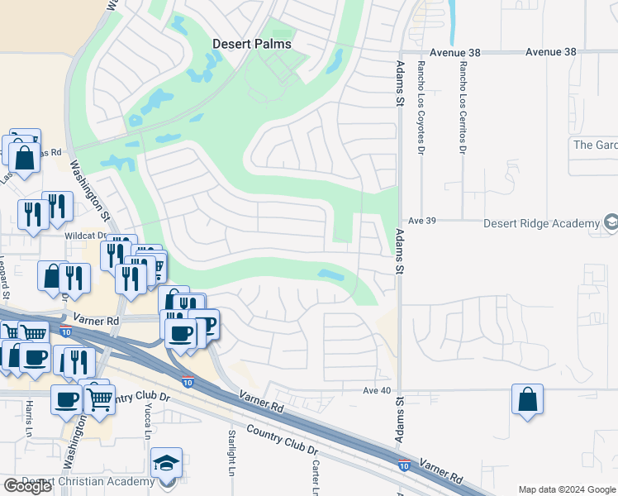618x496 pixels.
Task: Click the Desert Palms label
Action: pyautogui.click(x=252, y=44)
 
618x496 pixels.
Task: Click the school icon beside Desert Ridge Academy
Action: pyautogui.click(x=610, y=222)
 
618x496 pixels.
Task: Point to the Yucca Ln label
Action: pyautogui.click(x=150, y=423)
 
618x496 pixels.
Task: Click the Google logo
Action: pyautogui.click(x=28, y=486)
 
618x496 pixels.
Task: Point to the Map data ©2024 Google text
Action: pyautogui.click(x=567, y=489)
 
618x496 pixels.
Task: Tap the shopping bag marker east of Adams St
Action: pyautogui.click(x=527, y=400)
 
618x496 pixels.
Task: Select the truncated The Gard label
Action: pyautogui.click(x=595, y=145)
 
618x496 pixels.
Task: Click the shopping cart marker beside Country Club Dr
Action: pyautogui.click(x=99, y=398)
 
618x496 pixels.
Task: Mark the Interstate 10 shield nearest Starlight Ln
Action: pyautogui.click(x=188, y=382)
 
